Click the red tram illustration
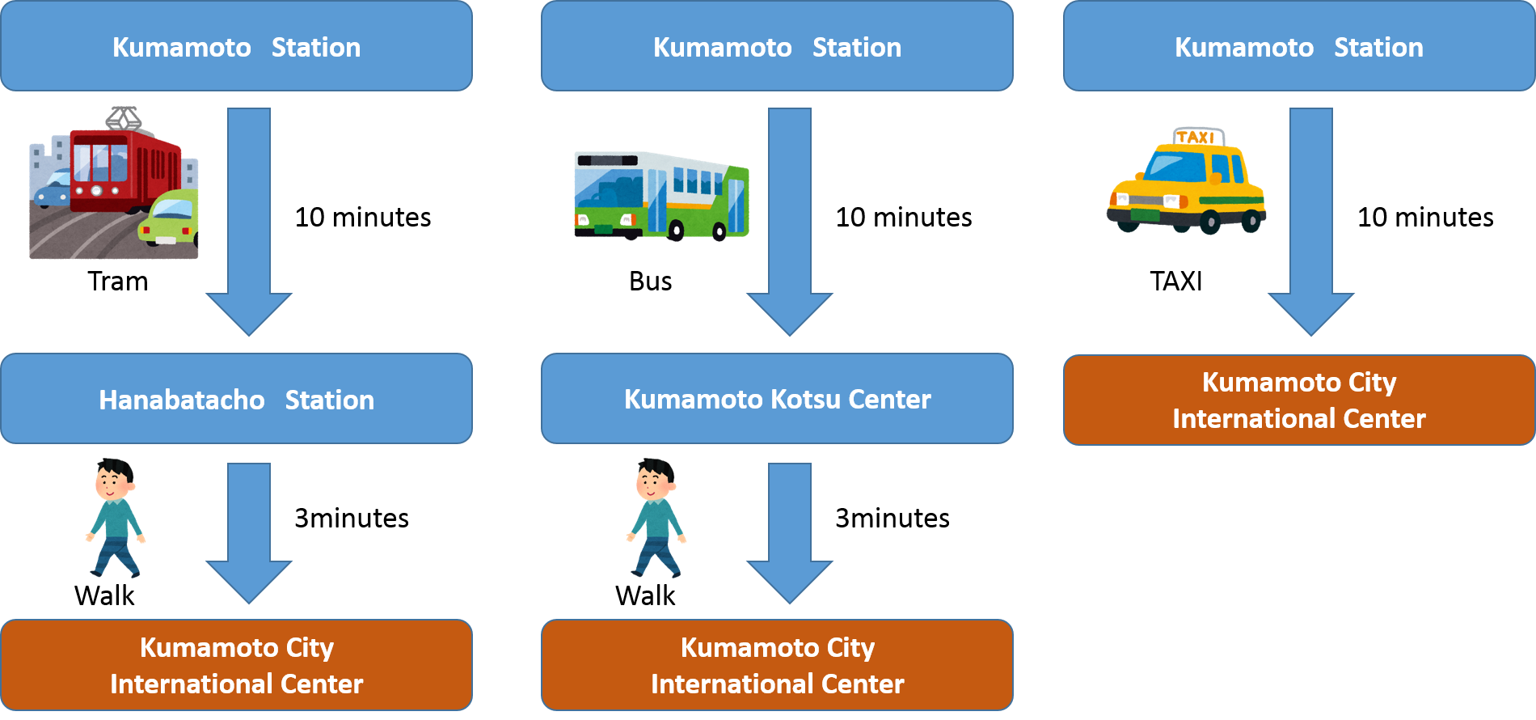[x=121, y=166]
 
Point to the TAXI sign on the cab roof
[x=1197, y=137]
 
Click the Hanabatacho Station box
[x=236, y=399]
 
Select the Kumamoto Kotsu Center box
[x=777, y=399]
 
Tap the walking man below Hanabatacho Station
[x=116, y=518]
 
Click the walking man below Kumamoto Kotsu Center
[x=656, y=518]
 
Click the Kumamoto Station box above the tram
[x=236, y=46]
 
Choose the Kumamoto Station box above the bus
[x=777, y=46]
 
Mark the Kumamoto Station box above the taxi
[x=1299, y=46]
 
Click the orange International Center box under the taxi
[x=1299, y=400]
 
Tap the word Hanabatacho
[x=182, y=400]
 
